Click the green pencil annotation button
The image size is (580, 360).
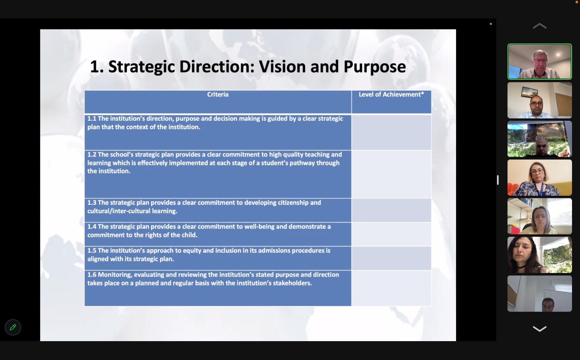click(x=13, y=327)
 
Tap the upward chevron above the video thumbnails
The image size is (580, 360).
click(x=540, y=26)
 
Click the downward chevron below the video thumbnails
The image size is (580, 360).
click(x=540, y=329)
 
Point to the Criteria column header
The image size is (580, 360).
click(x=218, y=95)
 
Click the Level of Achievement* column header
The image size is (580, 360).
click(x=391, y=95)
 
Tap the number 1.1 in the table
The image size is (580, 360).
click(x=92, y=119)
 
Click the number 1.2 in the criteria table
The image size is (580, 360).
click(x=92, y=154)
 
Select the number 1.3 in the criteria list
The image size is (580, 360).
click(x=92, y=203)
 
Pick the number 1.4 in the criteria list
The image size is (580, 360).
click(x=92, y=227)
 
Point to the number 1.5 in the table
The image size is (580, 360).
click(x=92, y=251)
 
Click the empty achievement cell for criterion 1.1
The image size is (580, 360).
click(x=391, y=132)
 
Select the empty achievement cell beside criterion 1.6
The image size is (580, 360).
click(x=391, y=288)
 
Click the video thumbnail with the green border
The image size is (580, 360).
click(x=540, y=61)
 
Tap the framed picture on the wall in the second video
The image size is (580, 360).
click(x=529, y=92)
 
